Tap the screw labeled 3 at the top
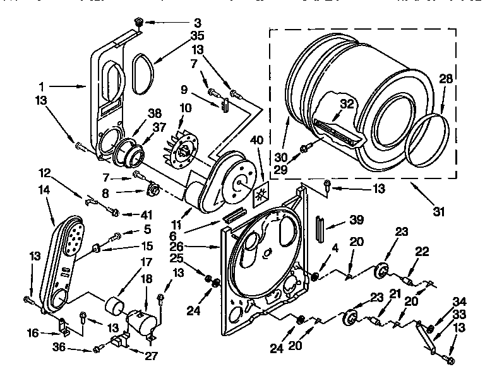[138, 23]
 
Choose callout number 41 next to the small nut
[130, 214]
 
